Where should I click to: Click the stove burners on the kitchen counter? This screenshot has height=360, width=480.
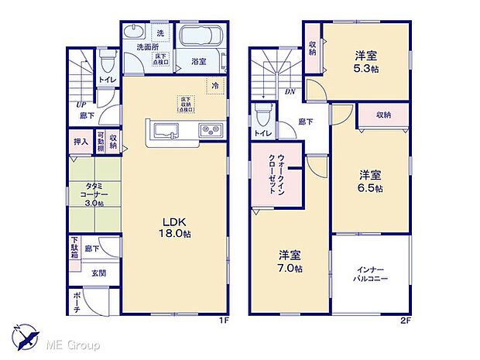click(210, 129)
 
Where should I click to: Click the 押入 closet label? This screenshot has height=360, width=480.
click(81, 142)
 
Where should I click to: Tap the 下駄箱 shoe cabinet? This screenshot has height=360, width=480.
click(74, 249)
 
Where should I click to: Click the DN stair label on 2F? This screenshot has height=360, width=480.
click(267, 92)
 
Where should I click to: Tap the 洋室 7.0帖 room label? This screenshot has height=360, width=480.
click(291, 260)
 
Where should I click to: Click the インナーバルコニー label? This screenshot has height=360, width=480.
click(371, 273)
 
